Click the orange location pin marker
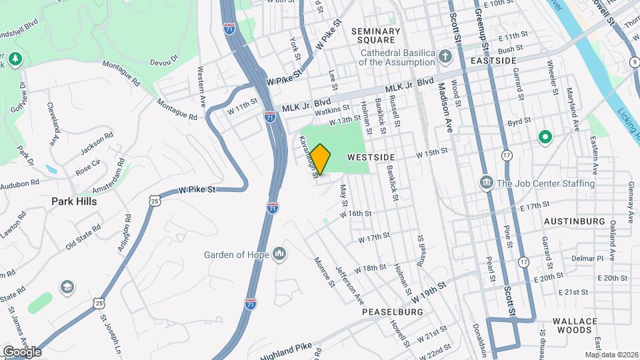[x=321, y=159]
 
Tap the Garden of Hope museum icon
[x=279, y=254]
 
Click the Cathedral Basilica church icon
[x=445, y=55]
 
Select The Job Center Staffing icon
[x=486, y=183]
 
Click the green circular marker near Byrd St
[x=545, y=137]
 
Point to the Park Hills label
[x=74, y=201]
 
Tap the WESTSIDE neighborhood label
[x=372, y=157]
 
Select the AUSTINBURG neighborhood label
[x=574, y=221]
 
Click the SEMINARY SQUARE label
[x=375, y=36]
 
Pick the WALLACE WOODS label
[x=575, y=325]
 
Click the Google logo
[x=21, y=351]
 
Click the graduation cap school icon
[x=67, y=287]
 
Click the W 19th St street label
[x=432, y=286]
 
